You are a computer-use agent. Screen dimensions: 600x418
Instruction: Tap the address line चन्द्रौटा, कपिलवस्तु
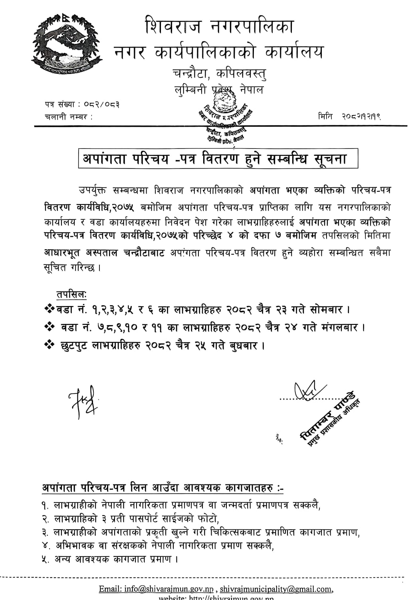coord(219,74)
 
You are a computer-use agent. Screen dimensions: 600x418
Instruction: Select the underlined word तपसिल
coord(71,295)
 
